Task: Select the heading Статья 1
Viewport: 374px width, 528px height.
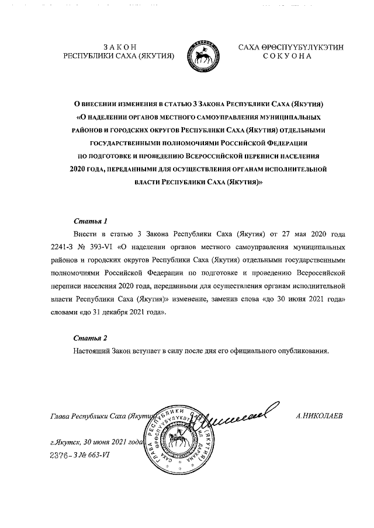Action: click(91, 221)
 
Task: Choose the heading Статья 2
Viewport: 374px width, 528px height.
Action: click(91, 338)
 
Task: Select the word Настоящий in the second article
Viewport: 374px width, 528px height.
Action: click(93, 351)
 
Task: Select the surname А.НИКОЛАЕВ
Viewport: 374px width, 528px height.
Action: click(320, 415)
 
